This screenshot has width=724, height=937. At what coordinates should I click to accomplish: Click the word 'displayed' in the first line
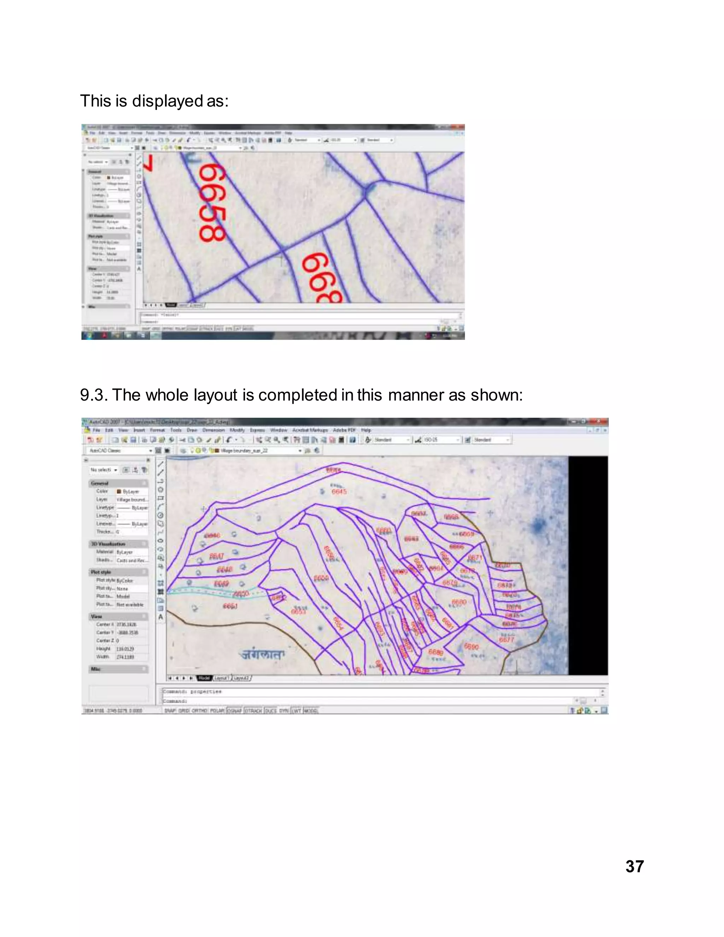click(167, 101)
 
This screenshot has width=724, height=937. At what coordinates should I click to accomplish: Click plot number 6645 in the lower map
click(339, 492)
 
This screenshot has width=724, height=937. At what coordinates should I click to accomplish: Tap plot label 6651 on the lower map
click(230, 606)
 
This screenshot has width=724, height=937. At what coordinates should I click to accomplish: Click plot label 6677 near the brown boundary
click(506, 640)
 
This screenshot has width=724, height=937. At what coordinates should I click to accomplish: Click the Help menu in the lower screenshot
click(366, 430)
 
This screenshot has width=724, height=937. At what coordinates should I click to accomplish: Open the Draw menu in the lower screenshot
click(192, 430)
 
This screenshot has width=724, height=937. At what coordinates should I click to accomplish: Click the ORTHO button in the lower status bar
click(199, 710)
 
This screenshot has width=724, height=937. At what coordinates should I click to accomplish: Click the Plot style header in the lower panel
click(101, 572)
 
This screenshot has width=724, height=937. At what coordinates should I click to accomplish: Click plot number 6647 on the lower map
click(217, 557)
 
